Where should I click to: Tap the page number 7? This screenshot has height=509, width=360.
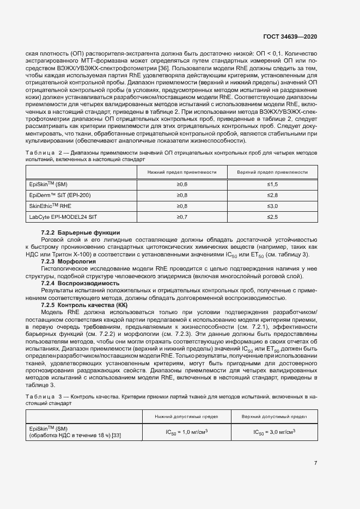coord(316,463)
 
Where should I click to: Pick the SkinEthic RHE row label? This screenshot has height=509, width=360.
coord(51,206)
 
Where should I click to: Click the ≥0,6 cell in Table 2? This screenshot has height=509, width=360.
coord(182,185)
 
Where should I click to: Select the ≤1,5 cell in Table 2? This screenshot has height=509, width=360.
coord(272,185)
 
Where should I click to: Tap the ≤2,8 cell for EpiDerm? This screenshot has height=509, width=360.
coord(272,195)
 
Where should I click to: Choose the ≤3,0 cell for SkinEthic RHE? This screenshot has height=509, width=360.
coord(272,206)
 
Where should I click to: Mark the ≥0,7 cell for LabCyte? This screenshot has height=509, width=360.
coord(182,217)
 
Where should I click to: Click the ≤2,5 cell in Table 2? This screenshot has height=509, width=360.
coord(272,217)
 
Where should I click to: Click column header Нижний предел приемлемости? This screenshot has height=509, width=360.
coord(182,172)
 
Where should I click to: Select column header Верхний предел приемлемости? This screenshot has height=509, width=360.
coord(272,172)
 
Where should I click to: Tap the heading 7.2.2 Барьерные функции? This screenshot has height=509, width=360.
coord(81,233)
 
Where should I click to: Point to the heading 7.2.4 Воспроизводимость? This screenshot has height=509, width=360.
coord(80,283)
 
